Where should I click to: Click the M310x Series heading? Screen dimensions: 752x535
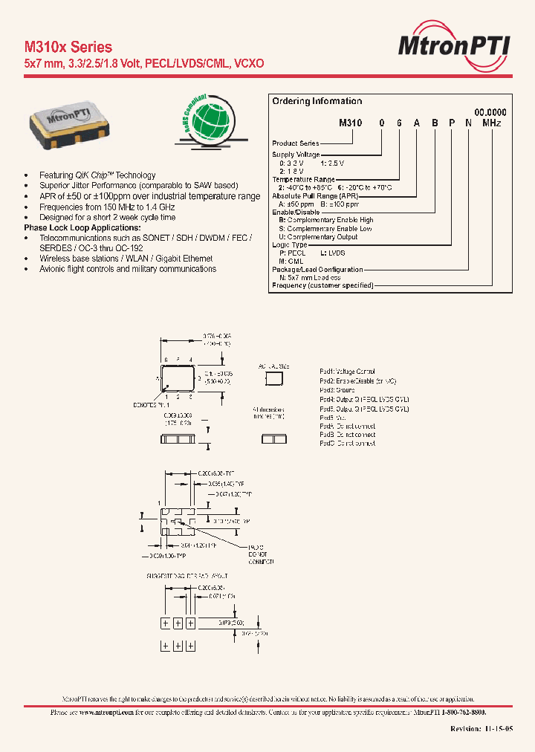click(x=68, y=47)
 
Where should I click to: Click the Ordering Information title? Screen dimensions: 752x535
click(x=317, y=101)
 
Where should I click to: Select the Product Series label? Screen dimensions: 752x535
click(x=296, y=143)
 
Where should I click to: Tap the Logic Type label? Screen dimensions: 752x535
click(x=290, y=244)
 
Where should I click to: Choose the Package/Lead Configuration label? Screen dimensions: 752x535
click(x=317, y=270)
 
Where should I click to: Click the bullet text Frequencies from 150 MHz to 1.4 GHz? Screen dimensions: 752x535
click(x=107, y=207)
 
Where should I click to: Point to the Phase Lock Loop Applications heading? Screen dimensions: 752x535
click(x=82, y=227)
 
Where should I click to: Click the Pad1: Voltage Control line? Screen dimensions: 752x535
click(x=347, y=371)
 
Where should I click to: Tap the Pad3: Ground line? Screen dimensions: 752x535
click(x=337, y=389)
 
